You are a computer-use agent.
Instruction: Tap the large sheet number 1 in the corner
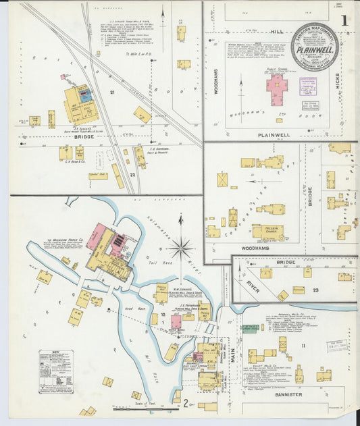click(x=344, y=21)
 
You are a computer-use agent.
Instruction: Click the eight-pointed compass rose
click(x=181, y=248)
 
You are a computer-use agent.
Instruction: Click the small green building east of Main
click(x=250, y=328)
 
